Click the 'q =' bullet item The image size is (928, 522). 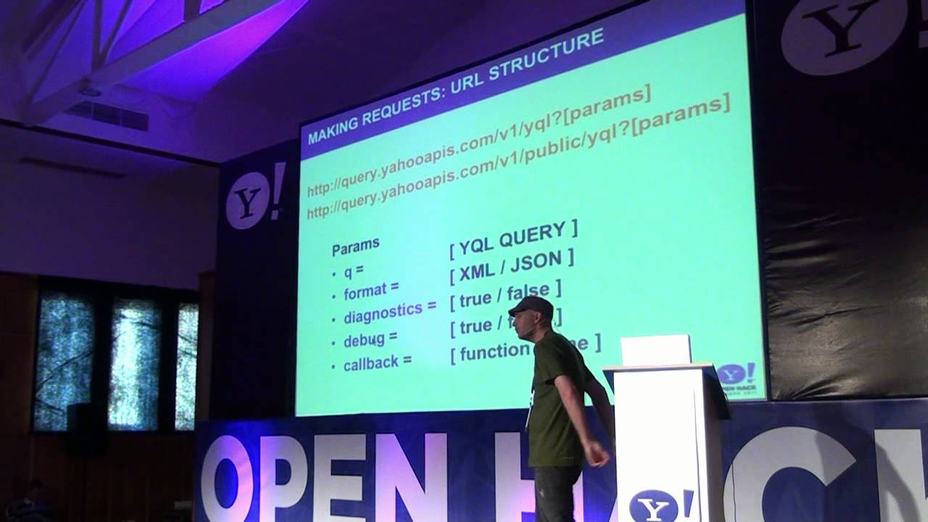(x=353, y=272)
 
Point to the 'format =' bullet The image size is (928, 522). (x=370, y=291)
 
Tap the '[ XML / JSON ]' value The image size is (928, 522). (x=512, y=266)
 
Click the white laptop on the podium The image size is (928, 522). (x=655, y=350)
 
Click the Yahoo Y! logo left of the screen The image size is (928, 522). (x=254, y=196)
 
